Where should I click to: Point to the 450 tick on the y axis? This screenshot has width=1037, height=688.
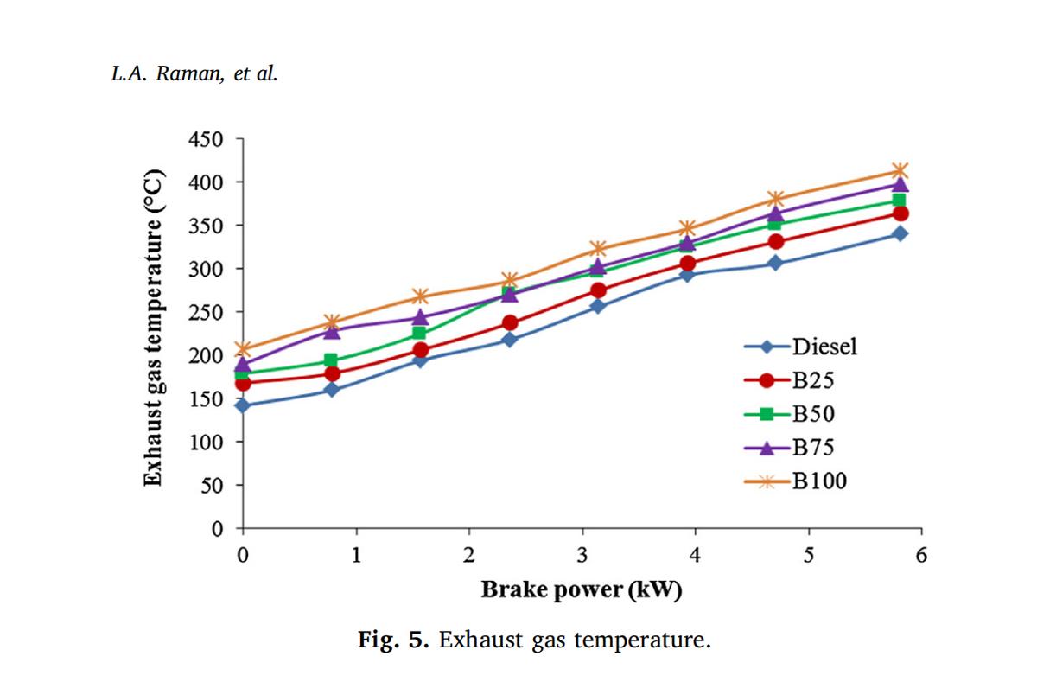(205, 139)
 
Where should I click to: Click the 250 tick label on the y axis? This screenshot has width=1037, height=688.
(205, 312)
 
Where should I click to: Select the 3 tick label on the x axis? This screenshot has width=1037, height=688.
(582, 554)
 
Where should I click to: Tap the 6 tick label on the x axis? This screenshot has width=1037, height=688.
(921, 554)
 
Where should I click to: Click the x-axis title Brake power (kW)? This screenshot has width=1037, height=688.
(581, 590)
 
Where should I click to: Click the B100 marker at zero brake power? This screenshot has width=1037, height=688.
(243, 350)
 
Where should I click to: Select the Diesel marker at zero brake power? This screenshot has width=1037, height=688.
(243, 405)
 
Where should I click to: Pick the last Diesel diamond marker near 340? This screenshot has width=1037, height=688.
(900, 233)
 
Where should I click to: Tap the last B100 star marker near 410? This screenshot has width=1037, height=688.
(900, 171)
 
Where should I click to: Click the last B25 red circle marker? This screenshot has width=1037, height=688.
(900, 213)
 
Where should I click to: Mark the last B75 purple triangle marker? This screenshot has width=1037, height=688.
(900, 184)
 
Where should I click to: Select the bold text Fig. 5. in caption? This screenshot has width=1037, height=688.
(393, 640)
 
